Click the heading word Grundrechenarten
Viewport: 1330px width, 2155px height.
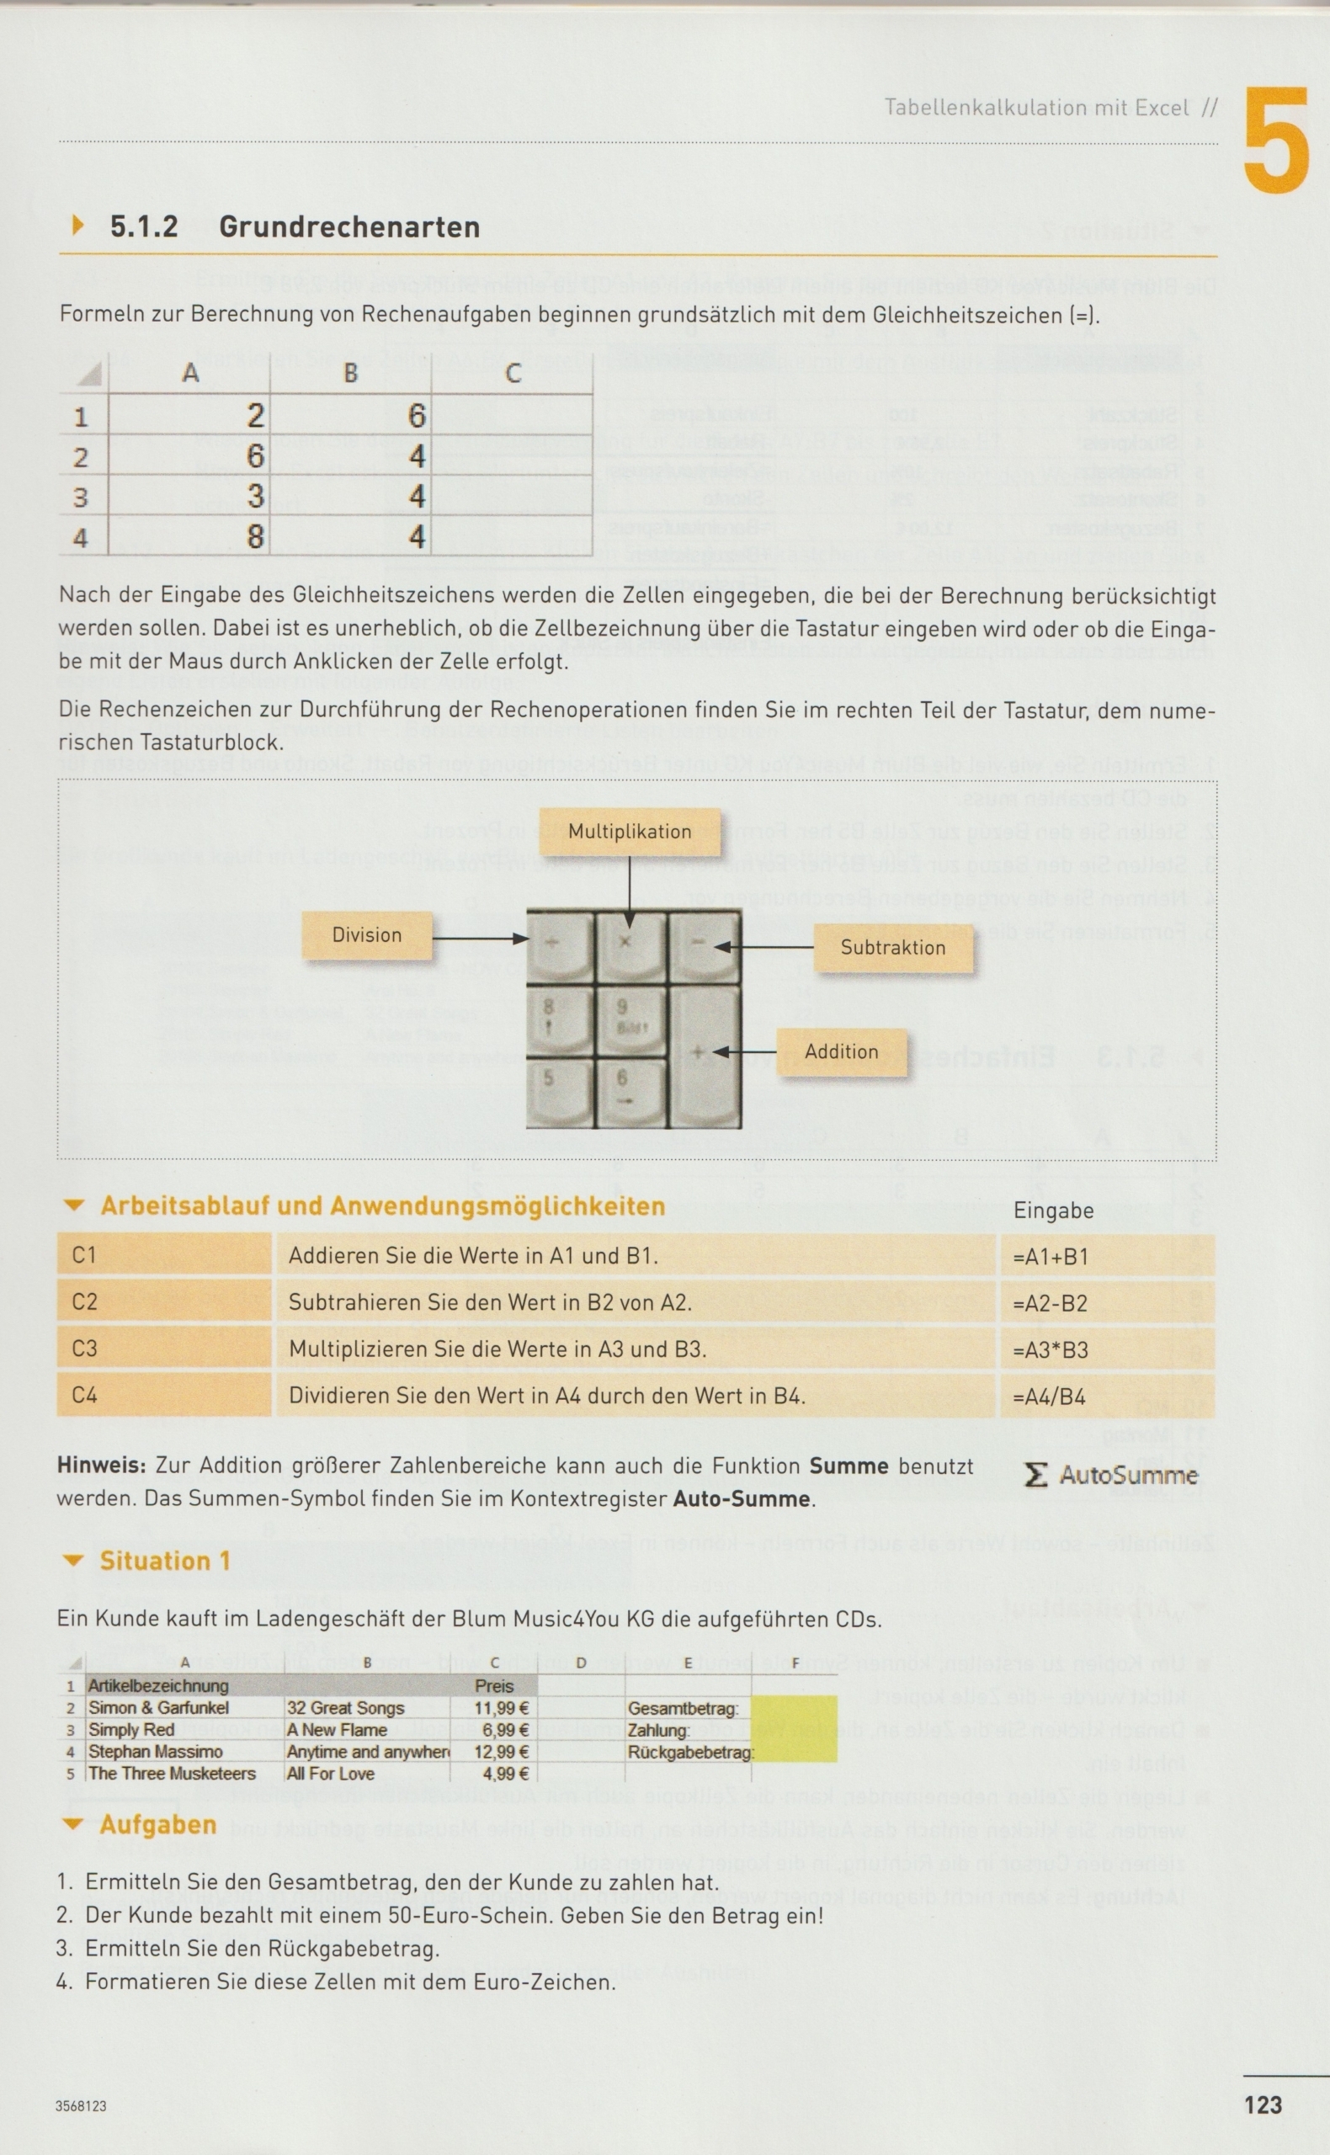[x=349, y=227]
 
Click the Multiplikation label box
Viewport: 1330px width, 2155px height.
[x=629, y=831]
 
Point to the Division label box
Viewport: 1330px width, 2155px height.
[x=367, y=935]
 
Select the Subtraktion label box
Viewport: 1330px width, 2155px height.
[x=893, y=947]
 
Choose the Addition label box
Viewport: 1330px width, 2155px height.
[x=841, y=1051]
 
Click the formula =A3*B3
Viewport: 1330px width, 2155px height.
[x=1051, y=1349]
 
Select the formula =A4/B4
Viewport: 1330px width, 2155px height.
[x=1049, y=1396]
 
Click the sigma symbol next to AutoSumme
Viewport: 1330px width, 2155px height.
[x=1036, y=1475]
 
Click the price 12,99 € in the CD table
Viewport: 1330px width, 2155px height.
[x=501, y=1751]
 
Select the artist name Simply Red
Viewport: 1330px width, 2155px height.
[x=131, y=1729]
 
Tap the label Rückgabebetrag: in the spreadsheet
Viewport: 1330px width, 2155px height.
[x=689, y=1752]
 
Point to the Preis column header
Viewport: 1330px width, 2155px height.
[x=494, y=1685]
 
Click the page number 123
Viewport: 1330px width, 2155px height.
[x=1263, y=2104]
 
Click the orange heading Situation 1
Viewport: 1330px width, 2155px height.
[x=164, y=1562]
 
